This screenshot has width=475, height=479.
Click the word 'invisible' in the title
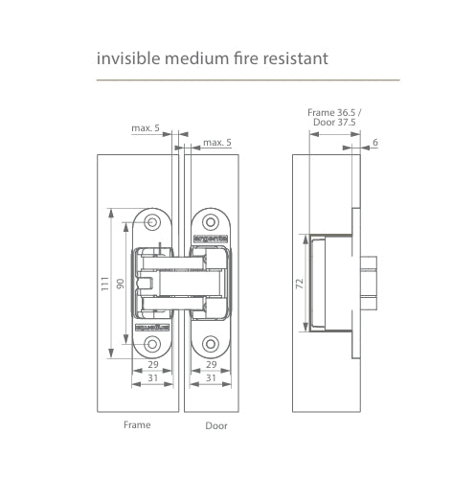(x=125, y=59)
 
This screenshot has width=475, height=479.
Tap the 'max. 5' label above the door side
(x=216, y=143)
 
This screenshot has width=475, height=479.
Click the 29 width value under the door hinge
(x=211, y=365)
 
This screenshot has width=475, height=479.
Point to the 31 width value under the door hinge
(x=211, y=378)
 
